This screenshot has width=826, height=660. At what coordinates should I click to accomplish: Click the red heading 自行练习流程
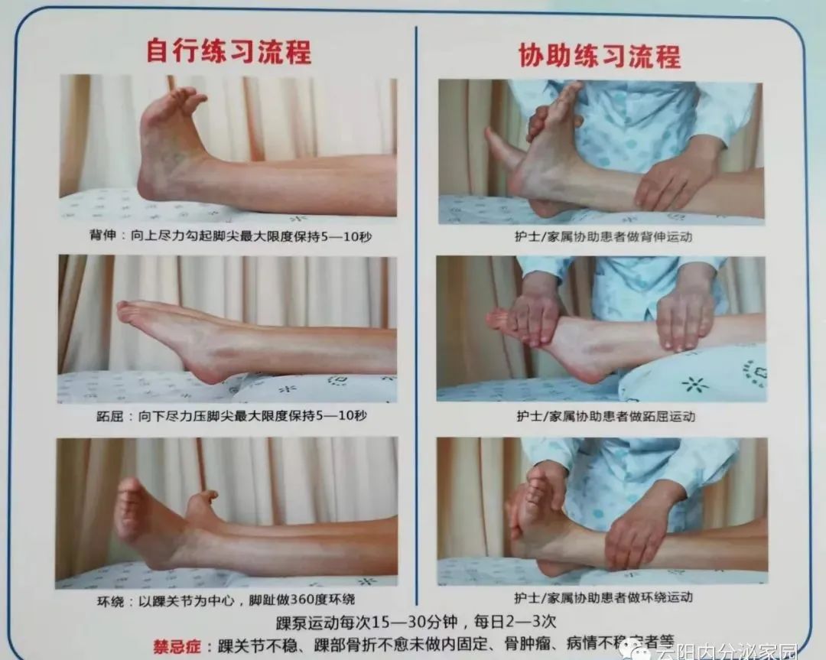click(228, 52)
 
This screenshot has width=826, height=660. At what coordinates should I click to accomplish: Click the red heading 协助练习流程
click(599, 55)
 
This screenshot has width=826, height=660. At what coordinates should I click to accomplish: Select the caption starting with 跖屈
click(228, 417)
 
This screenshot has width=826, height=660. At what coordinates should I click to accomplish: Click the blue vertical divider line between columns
click(416, 306)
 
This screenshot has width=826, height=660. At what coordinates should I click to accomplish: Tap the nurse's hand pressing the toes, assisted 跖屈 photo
click(535, 314)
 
